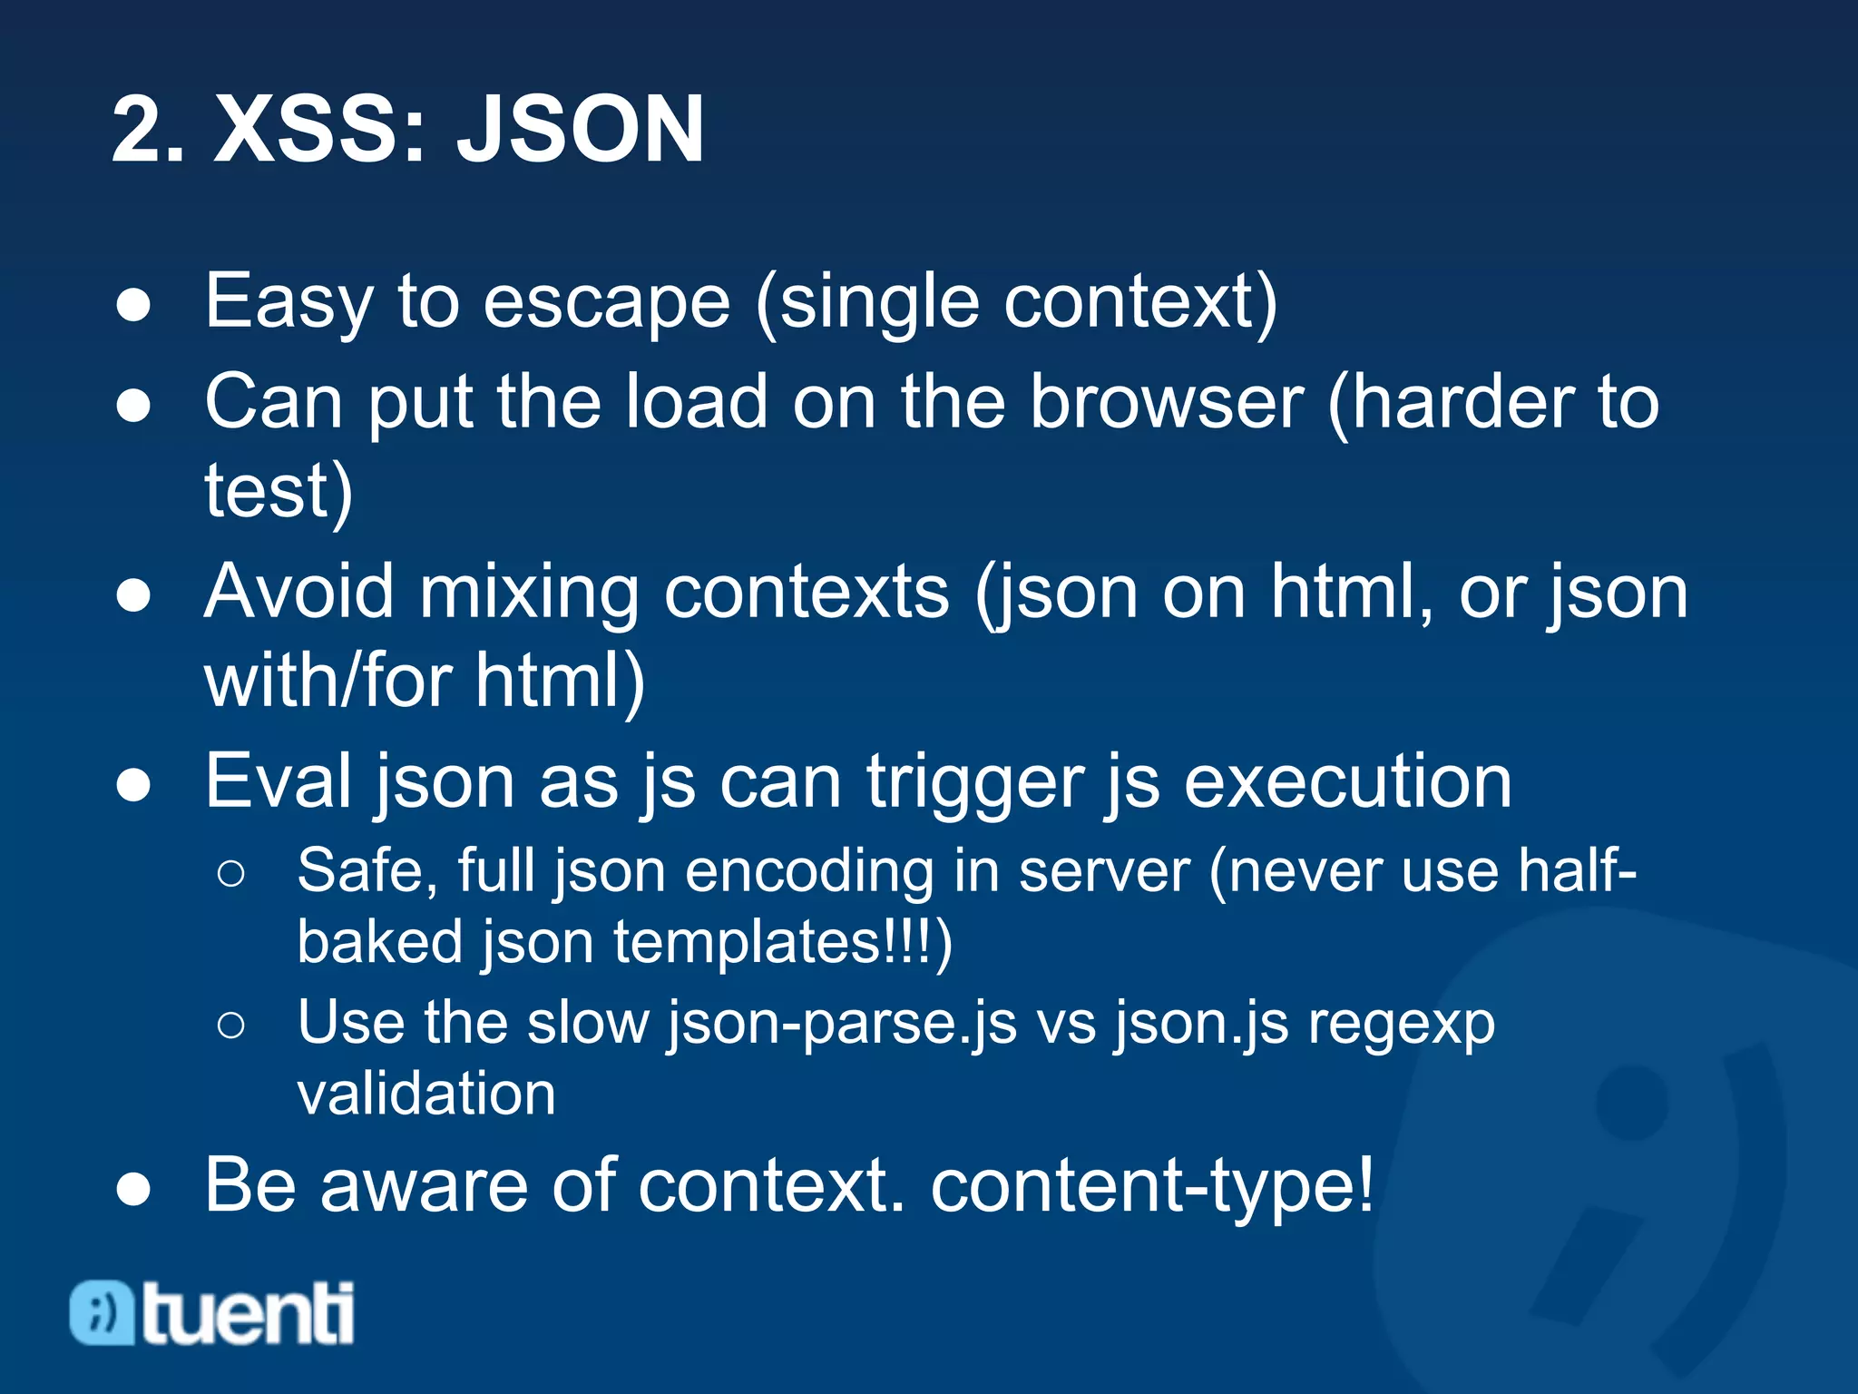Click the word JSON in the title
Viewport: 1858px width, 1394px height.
point(580,130)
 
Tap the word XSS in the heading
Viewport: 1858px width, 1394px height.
point(318,130)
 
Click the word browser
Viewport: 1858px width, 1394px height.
point(1166,402)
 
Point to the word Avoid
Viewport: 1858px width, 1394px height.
point(299,592)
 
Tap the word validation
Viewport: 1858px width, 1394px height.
point(426,1094)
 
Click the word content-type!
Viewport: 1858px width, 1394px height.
point(1152,1186)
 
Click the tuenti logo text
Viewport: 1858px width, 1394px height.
point(248,1313)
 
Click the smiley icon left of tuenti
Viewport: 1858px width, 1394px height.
point(102,1312)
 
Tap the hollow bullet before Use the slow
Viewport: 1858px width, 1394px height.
point(231,1026)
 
